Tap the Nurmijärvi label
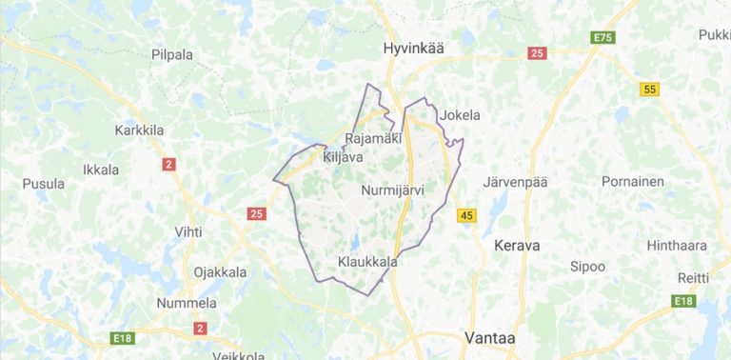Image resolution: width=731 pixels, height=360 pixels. coord(392,190)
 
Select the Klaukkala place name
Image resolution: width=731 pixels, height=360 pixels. coord(367,260)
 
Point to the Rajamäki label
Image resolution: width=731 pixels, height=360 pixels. coord(374,139)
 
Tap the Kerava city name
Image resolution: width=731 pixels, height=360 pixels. coord(517,245)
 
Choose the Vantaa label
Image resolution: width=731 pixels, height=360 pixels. coord(489,336)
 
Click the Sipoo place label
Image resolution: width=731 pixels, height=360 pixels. coord(587,266)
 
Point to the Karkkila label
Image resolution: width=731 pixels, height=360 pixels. coord(140,130)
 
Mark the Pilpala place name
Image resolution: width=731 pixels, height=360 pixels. coord(171,54)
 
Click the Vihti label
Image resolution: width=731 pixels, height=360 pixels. coord(188,231)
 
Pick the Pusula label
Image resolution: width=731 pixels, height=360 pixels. coord(43,184)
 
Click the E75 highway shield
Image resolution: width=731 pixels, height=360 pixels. coord(603,37)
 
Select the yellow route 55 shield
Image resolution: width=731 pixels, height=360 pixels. coord(650,90)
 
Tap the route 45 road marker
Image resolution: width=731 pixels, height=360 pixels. coord(465,216)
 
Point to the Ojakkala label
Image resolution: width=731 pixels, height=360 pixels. coord(220,271)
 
